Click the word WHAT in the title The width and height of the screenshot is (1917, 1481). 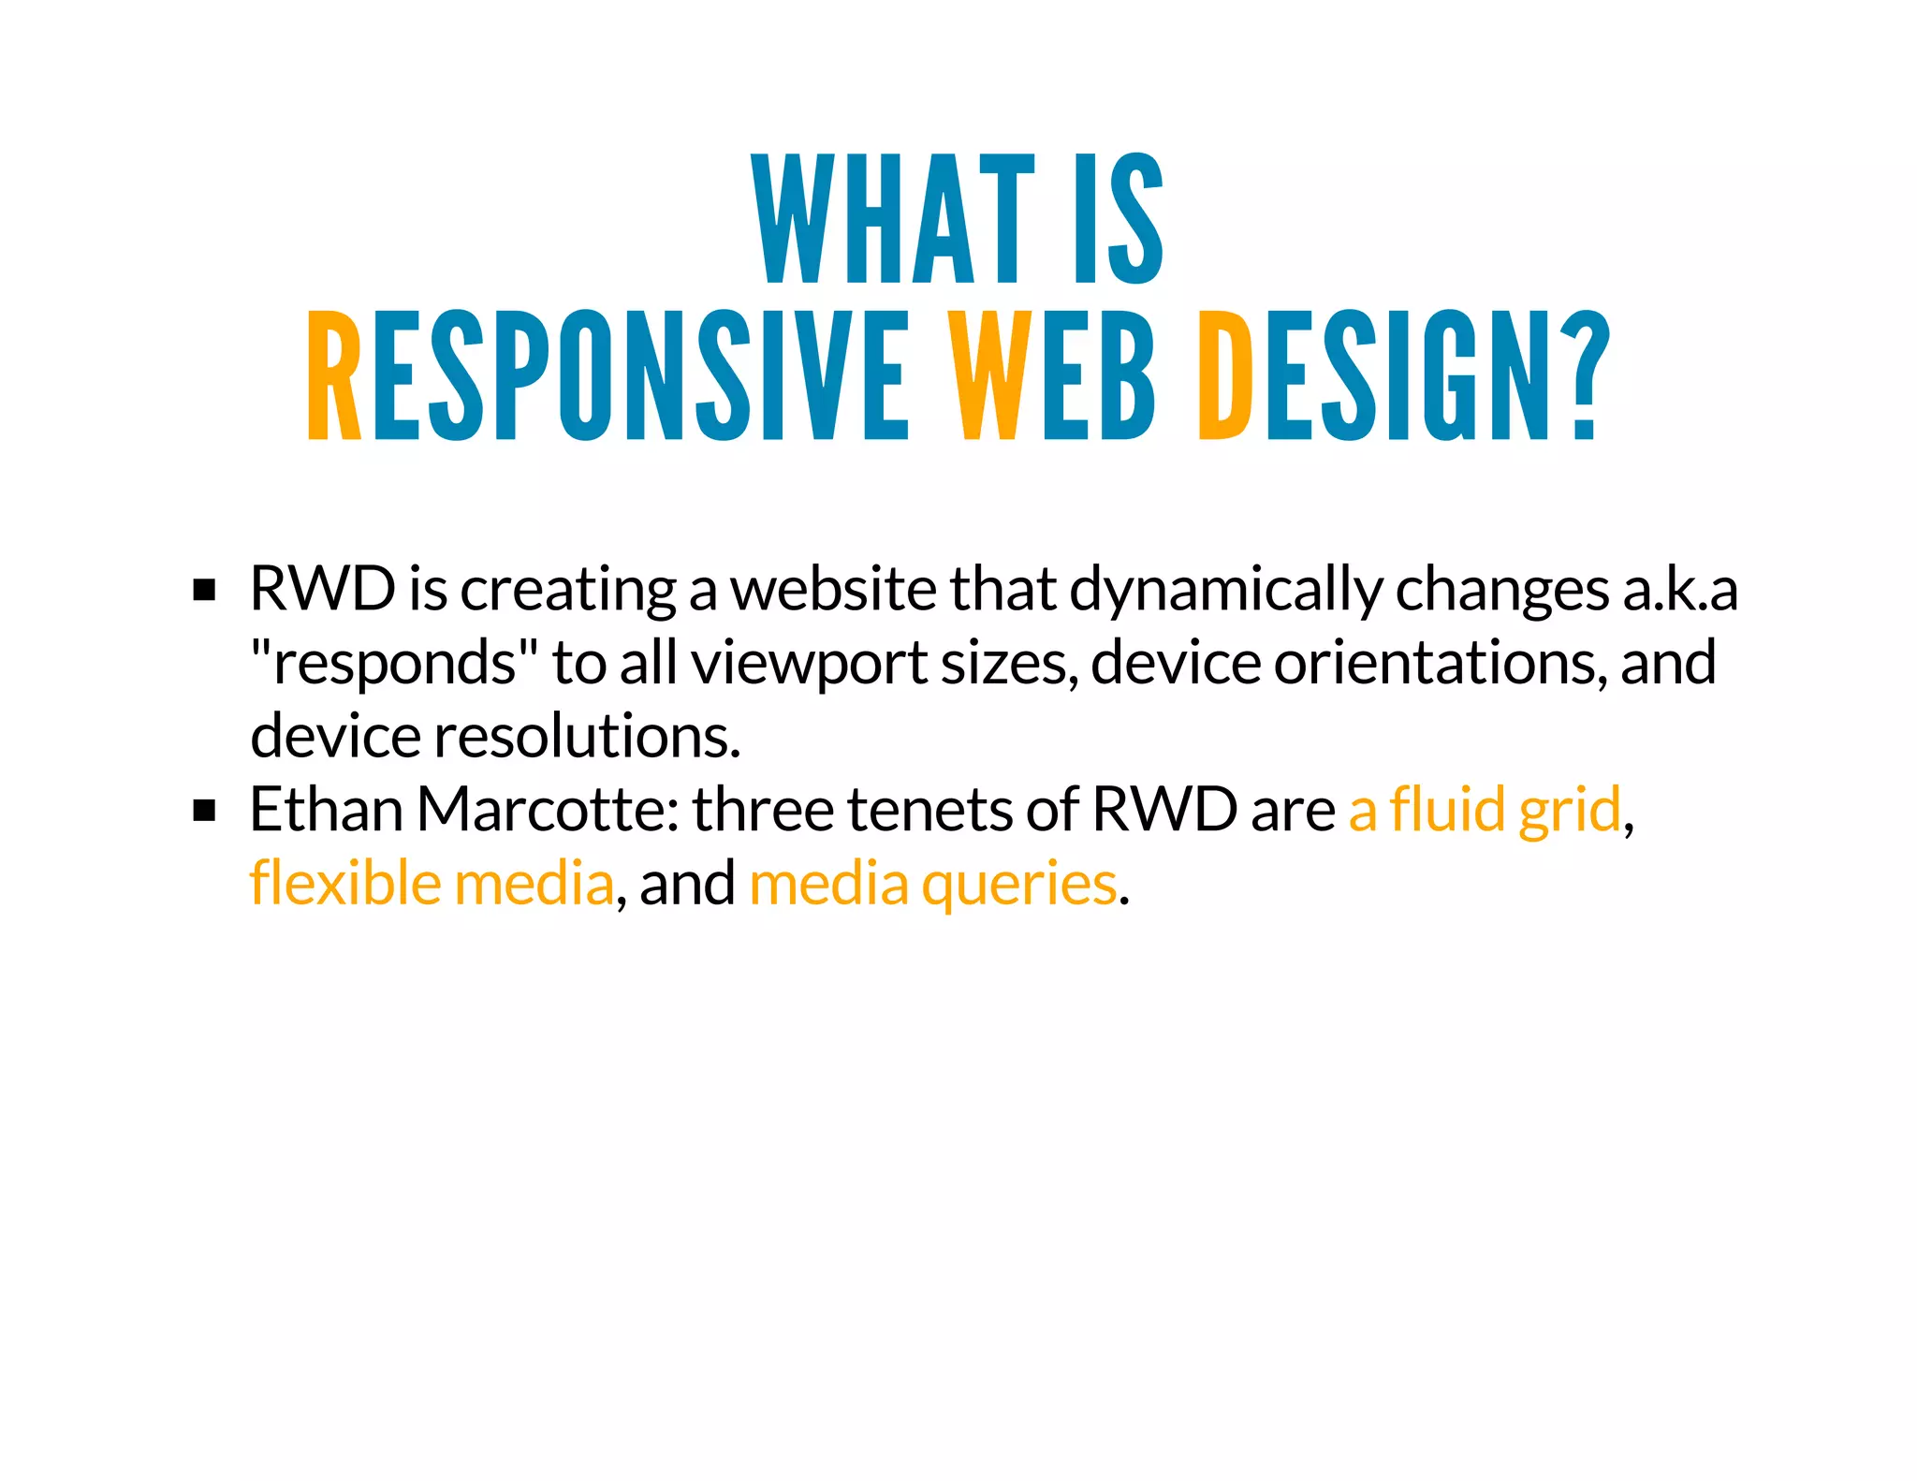893,219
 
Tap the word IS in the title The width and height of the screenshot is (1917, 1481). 1119,219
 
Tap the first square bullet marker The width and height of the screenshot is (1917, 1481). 204,591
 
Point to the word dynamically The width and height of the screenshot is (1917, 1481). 1224,592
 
